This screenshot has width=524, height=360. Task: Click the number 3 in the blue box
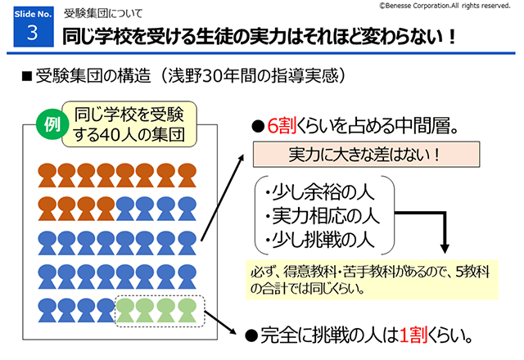pos(32,34)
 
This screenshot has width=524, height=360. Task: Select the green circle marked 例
pos(52,125)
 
